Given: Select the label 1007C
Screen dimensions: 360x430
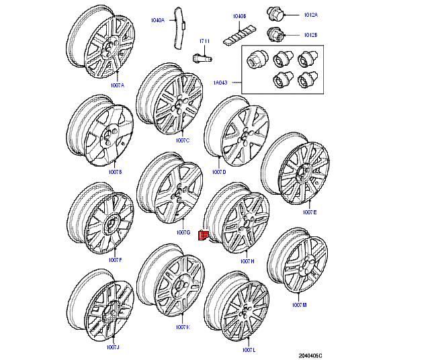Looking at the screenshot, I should tap(182, 140).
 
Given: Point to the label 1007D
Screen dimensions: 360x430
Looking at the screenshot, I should tap(219, 173).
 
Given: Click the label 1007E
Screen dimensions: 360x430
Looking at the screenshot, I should tap(309, 212).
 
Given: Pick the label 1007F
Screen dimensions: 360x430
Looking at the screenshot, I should tap(115, 259).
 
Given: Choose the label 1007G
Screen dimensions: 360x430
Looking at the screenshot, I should tap(183, 232).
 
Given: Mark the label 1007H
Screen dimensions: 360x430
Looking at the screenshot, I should tap(247, 261).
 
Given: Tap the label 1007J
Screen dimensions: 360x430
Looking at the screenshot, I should tap(112, 347).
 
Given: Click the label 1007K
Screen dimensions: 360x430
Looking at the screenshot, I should tap(183, 327).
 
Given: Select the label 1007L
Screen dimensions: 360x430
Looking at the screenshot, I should tap(249, 349).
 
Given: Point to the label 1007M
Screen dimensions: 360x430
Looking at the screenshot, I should tap(300, 305).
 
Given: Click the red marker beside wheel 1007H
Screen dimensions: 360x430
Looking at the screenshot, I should tap(203, 234).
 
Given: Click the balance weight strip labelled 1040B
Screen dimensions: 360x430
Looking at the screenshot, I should tap(239, 30).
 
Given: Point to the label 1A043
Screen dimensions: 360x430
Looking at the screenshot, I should tap(221, 83).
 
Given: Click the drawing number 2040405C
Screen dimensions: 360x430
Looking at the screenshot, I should tap(310, 355).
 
